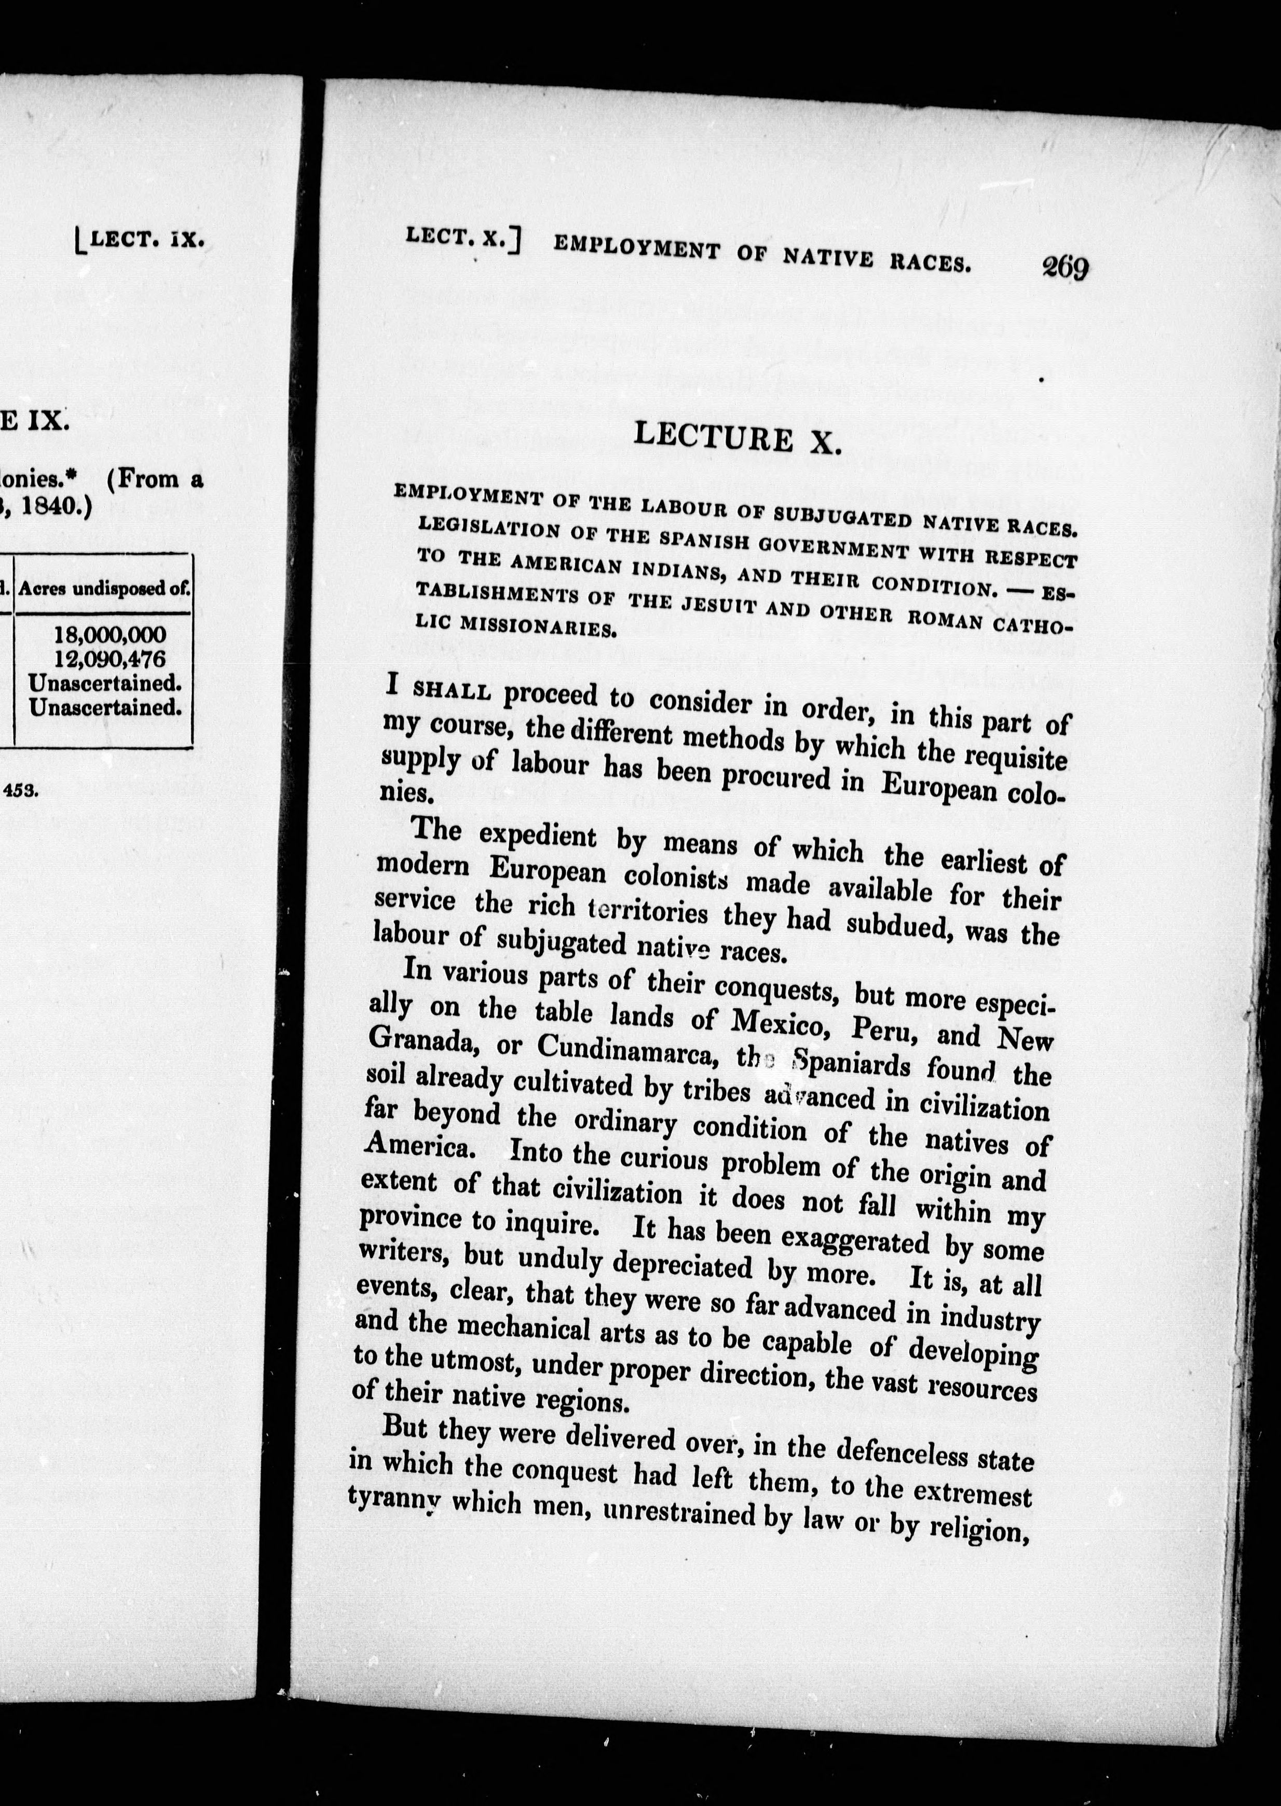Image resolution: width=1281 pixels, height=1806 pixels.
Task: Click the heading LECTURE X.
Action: pyautogui.click(x=738, y=437)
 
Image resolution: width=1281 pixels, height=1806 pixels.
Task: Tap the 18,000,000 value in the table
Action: pyautogui.click(x=111, y=635)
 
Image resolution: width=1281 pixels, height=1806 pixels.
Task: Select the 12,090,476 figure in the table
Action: pyautogui.click(x=111, y=659)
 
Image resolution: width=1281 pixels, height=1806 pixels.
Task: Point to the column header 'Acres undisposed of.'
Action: pyautogui.click(x=104, y=589)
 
